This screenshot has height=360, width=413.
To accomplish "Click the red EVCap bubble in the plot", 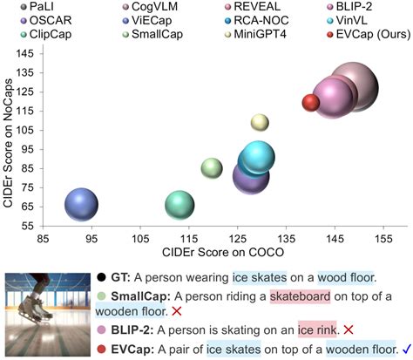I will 312,103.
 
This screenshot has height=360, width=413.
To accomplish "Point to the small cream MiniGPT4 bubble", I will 260,122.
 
